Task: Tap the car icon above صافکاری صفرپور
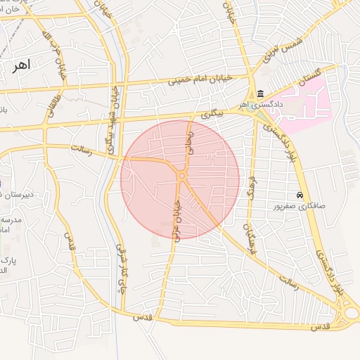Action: coord(300,195)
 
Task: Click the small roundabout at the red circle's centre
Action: coord(181,176)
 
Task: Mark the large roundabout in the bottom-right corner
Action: coord(349,313)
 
